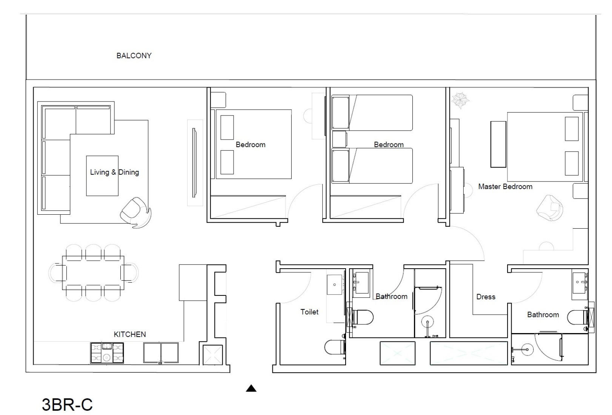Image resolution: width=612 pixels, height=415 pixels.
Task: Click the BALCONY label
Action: [x=134, y=56]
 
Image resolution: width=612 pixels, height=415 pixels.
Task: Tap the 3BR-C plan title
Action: [x=67, y=404]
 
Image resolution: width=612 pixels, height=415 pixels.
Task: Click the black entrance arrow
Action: [x=251, y=388]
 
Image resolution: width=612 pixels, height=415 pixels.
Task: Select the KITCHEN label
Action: [x=130, y=334]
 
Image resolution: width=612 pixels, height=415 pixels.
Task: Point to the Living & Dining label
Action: [x=114, y=172]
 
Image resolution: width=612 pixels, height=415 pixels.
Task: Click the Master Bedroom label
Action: [x=505, y=187]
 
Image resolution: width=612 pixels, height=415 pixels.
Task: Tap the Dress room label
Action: [x=486, y=297]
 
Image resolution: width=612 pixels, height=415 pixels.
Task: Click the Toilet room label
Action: [x=309, y=312]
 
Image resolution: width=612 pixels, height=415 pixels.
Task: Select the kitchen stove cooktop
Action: [x=107, y=353]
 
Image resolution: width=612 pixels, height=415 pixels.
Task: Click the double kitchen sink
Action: [x=161, y=353]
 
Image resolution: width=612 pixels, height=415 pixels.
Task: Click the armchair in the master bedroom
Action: [x=549, y=207]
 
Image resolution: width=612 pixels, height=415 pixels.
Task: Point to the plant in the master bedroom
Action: [x=460, y=100]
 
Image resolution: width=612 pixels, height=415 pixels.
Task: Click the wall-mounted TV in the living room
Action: [x=194, y=163]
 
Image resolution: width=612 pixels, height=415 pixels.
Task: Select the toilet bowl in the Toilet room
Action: [x=335, y=347]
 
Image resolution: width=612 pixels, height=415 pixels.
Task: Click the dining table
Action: [x=93, y=273]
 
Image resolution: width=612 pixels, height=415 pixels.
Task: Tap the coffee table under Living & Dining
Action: [x=102, y=176]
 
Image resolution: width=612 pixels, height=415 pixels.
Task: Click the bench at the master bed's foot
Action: [x=498, y=144]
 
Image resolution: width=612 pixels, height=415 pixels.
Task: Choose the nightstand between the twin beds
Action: [x=339, y=139]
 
